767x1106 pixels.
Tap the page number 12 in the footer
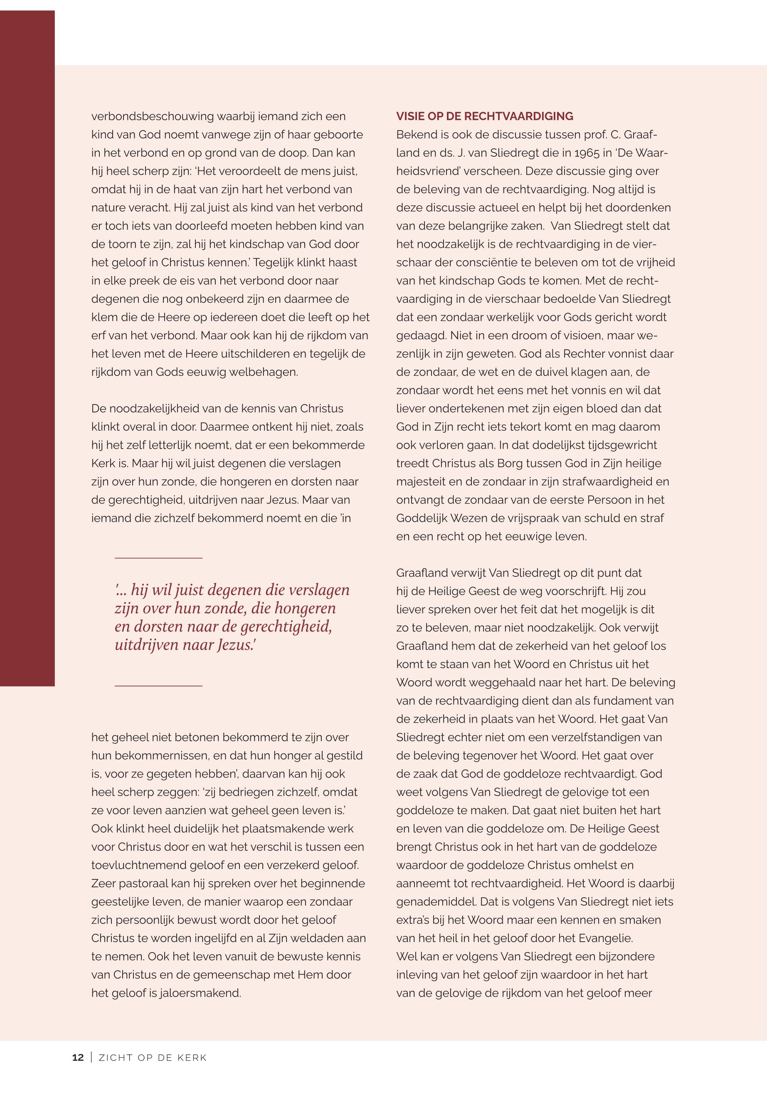[x=78, y=1057]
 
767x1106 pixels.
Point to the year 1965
[x=587, y=153]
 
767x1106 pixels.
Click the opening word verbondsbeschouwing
[x=152, y=116]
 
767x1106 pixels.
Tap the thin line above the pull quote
[x=158, y=558]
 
